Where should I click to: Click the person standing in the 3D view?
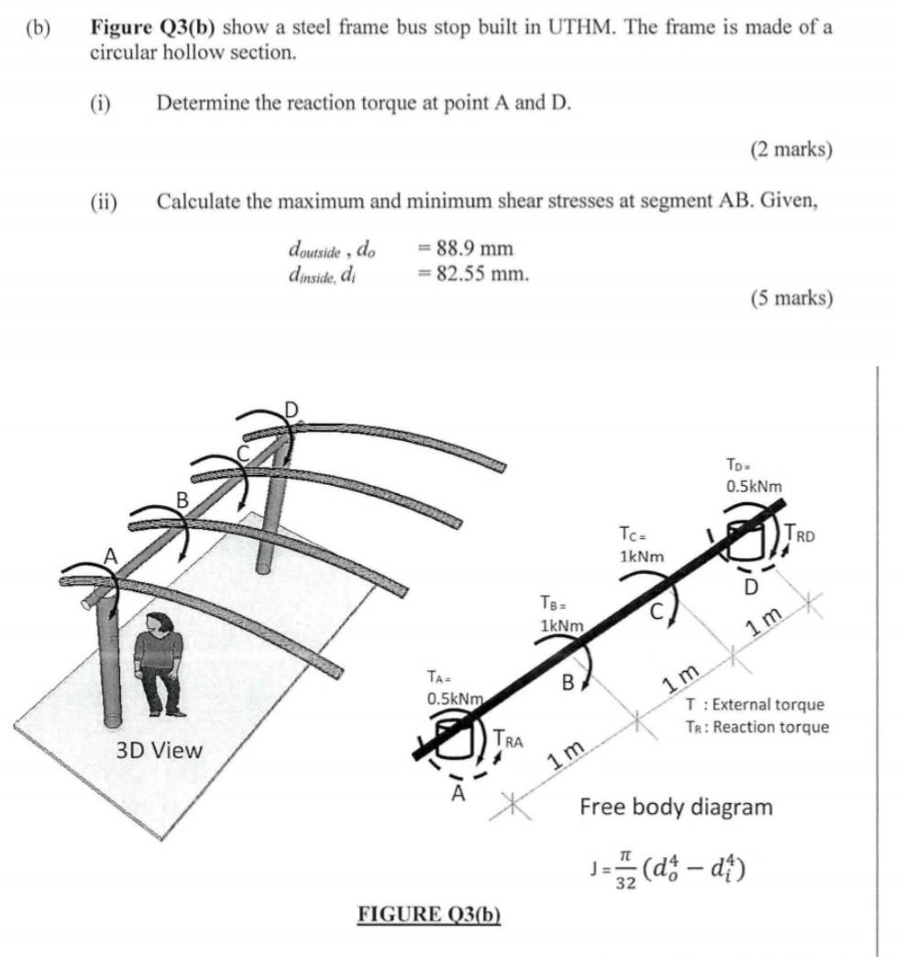pyautogui.click(x=160, y=663)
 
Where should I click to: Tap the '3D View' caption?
pyautogui.click(x=159, y=750)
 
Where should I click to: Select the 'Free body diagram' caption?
pyautogui.click(x=676, y=807)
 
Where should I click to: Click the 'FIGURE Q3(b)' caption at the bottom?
pyautogui.click(x=429, y=914)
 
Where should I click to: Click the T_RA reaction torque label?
pyautogui.click(x=506, y=740)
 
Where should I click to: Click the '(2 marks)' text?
pyautogui.click(x=790, y=148)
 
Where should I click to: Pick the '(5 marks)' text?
pyautogui.click(x=790, y=298)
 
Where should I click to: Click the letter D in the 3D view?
pyautogui.click(x=291, y=407)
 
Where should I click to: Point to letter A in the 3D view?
pyautogui.click(x=110, y=555)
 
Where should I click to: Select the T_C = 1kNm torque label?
pyautogui.click(x=641, y=544)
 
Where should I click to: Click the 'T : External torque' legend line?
pyautogui.click(x=754, y=705)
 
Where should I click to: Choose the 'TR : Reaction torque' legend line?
pyautogui.click(x=756, y=727)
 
